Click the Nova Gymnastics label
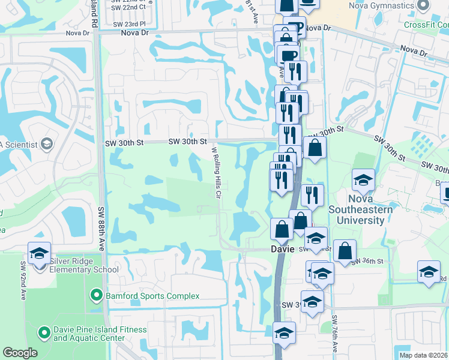coord(381,5)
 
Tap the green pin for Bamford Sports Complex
coord(95,296)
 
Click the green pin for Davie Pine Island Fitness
coord(43,332)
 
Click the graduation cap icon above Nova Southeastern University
coord(363,181)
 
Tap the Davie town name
coord(283,248)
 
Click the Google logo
coord(20,353)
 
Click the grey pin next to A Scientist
coord(46,144)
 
